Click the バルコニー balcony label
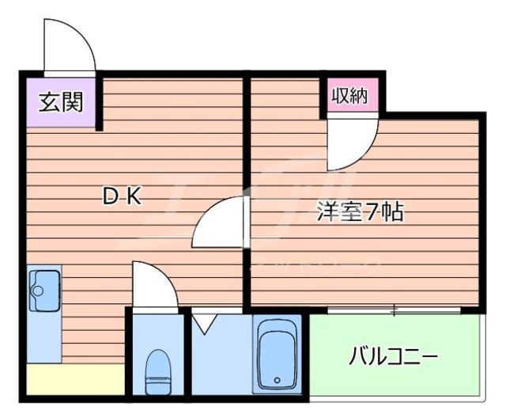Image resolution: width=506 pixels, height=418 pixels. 393,357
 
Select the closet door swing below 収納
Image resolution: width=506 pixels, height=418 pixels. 352,142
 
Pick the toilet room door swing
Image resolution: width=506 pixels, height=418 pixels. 153,287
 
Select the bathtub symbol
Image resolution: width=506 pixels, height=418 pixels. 277,355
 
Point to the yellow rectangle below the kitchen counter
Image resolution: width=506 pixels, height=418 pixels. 75,380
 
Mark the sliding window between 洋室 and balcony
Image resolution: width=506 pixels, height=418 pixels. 394,310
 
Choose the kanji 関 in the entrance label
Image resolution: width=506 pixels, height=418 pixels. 72,103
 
